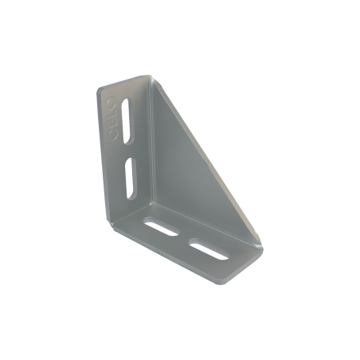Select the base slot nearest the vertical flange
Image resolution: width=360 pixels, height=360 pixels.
162,228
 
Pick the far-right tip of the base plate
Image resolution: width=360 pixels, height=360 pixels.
262,248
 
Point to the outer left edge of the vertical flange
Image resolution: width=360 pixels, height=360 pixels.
101,151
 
